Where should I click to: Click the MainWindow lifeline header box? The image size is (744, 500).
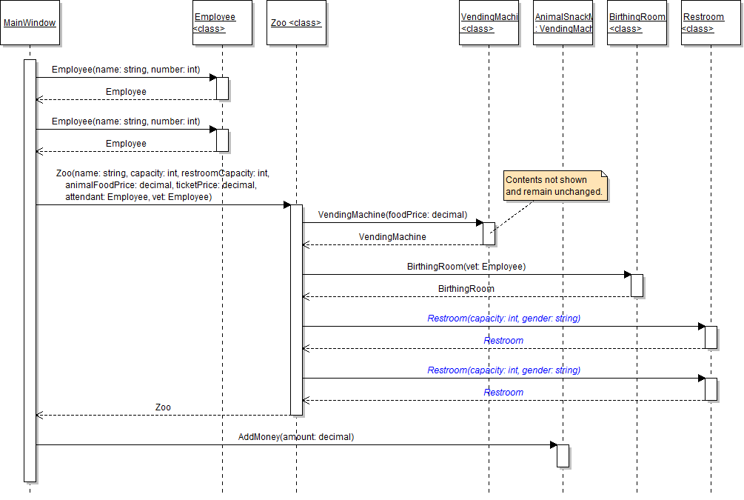tap(30, 23)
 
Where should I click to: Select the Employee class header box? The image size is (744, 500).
tap(222, 23)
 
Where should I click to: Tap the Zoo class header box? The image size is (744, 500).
tap(296, 23)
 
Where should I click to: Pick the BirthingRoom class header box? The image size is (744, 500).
tap(637, 23)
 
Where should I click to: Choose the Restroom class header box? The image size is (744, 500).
tap(711, 23)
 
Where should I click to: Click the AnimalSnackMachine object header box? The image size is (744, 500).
tap(563, 23)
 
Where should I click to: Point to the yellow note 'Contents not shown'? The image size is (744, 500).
tap(554, 185)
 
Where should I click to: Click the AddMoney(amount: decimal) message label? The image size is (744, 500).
tap(296, 437)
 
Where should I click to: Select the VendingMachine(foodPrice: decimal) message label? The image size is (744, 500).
tap(392, 215)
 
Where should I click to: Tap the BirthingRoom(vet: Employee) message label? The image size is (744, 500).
tap(466, 267)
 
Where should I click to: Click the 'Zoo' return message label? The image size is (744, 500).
tap(163, 407)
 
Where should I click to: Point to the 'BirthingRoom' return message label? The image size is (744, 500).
tap(466, 289)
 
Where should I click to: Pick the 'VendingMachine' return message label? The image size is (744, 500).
tap(392, 237)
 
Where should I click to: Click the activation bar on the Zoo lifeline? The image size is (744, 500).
tap(296, 310)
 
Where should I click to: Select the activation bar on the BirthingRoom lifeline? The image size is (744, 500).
tap(637, 285)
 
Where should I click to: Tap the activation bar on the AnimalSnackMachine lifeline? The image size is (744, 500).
tap(563, 456)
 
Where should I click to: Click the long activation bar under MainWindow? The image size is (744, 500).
tap(30, 270)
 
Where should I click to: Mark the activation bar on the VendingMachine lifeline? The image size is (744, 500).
tap(489, 233)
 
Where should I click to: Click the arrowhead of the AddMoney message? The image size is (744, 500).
tap(553, 444)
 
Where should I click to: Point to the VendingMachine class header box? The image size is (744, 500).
tap(489, 23)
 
